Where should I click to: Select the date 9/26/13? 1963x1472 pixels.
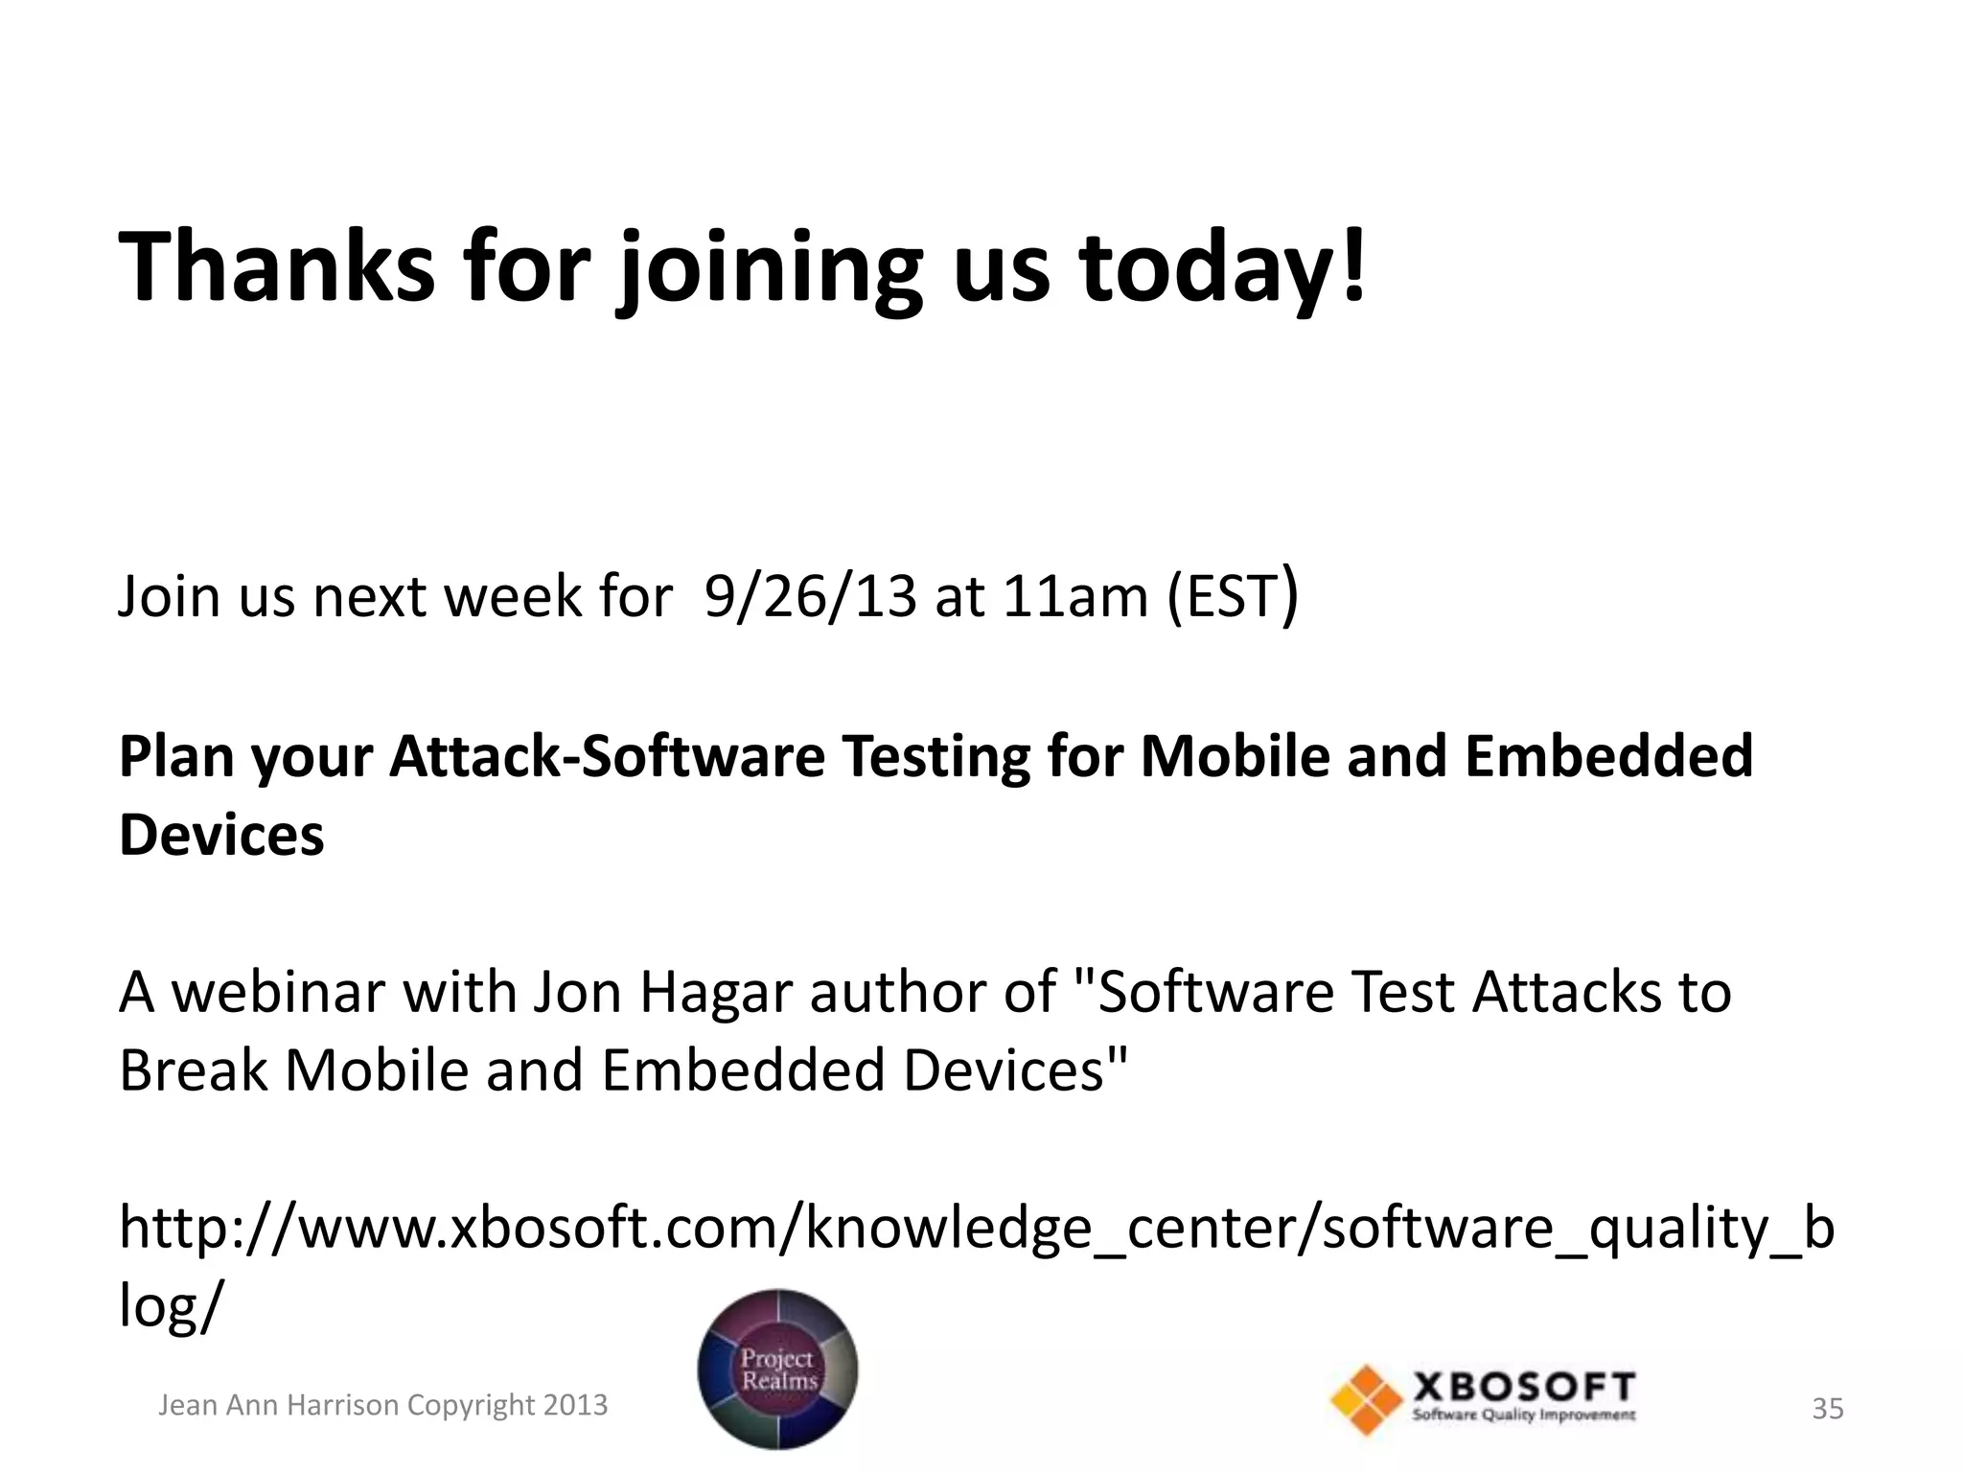tap(810, 596)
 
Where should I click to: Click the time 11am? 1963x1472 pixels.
tap(1075, 596)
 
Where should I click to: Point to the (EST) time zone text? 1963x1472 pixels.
tap(1233, 596)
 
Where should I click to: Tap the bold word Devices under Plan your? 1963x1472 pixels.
tap(221, 834)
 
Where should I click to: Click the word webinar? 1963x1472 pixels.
tap(278, 992)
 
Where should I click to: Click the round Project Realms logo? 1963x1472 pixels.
tap(777, 1368)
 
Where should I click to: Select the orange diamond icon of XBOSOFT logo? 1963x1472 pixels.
tap(1366, 1400)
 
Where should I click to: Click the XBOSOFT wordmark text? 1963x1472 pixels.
tap(1524, 1387)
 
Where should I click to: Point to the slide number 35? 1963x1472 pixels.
tap(1827, 1409)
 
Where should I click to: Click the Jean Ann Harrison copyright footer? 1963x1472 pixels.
tap(382, 1405)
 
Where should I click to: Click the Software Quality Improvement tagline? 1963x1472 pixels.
tap(1524, 1415)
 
